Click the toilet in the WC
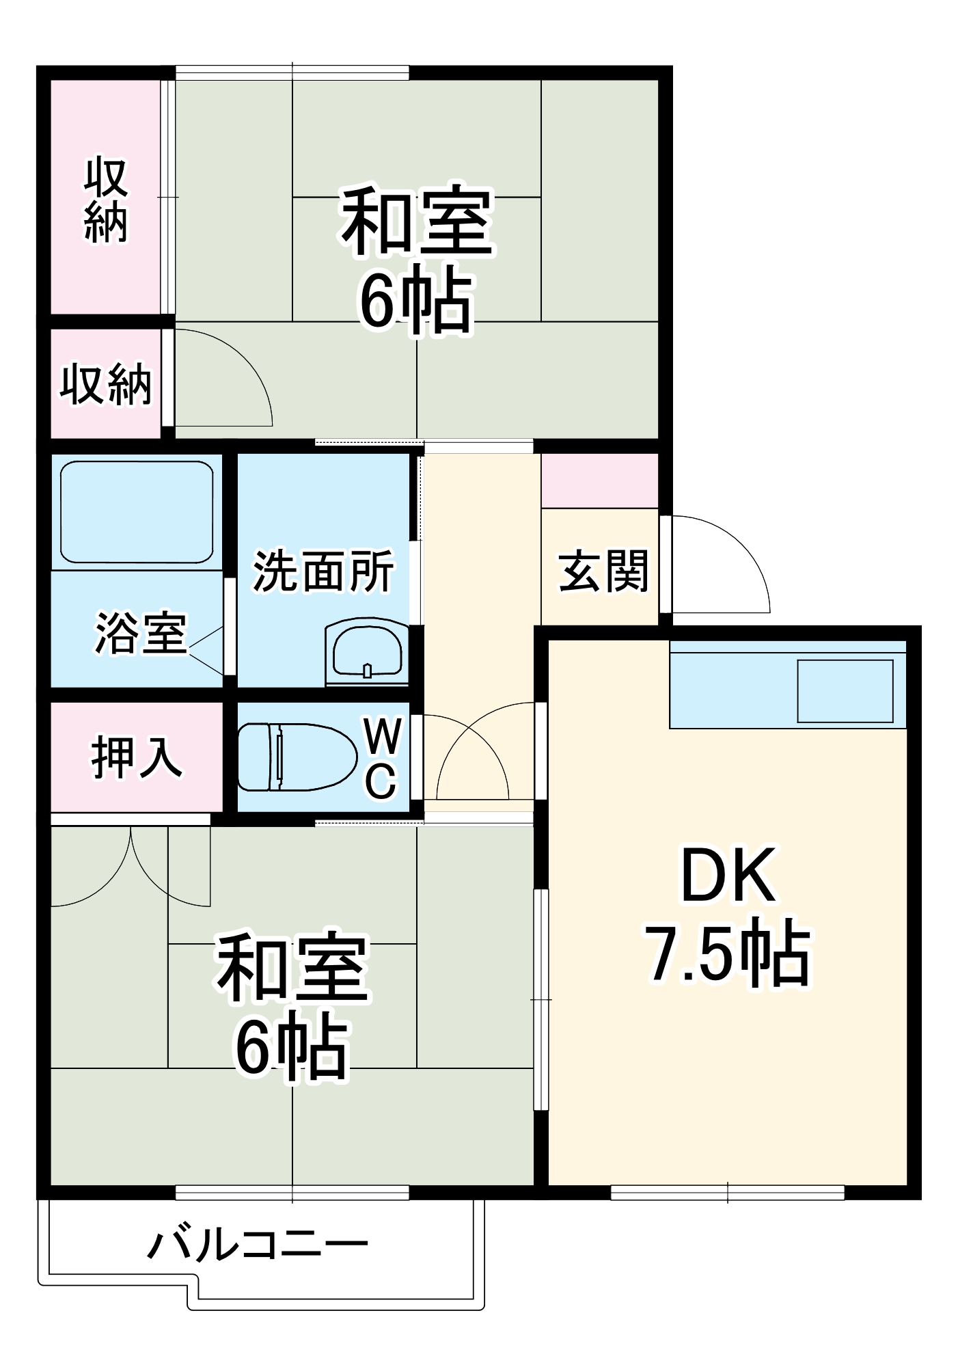coord(297,757)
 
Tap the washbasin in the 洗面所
coord(367,650)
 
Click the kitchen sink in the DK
coord(845,691)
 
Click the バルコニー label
coord(258,1245)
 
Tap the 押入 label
coord(137,757)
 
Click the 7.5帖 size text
coord(728,952)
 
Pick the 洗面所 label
coord(323,571)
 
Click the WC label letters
coord(381,757)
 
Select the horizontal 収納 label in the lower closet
coord(106,385)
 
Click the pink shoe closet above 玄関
coord(599,481)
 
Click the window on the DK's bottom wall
coord(727,1193)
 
